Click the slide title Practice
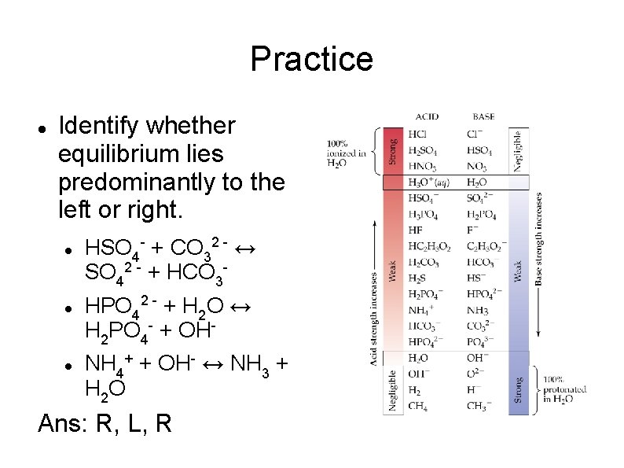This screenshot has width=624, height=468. point(311,59)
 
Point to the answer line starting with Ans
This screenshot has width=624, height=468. point(105,422)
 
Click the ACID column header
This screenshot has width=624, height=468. point(427,116)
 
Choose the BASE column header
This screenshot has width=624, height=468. point(483,116)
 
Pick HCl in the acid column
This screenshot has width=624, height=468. point(418,134)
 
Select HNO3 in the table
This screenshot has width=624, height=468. point(422,167)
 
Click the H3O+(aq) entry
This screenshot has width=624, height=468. point(428,182)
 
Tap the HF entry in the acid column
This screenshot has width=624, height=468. point(415,230)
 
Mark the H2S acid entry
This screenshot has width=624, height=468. point(417,278)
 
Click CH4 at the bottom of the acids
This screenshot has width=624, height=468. point(419,406)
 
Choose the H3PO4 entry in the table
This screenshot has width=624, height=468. point(423,215)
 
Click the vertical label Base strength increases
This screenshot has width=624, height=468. point(539,240)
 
